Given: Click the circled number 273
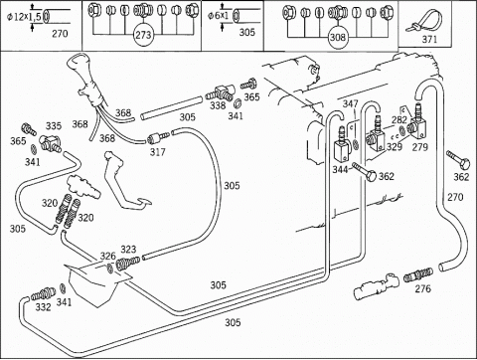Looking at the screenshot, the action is click(143, 35).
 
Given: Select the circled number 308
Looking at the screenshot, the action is click(338, 38).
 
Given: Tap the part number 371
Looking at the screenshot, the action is click(429, 40).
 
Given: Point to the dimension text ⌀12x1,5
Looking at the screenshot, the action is click(25, 17).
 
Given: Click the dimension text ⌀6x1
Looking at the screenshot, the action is click(219, 16).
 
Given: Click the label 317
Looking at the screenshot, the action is click(158, 152).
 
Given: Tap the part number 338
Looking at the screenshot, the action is click(218, 105).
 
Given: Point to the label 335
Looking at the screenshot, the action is click(54, 126).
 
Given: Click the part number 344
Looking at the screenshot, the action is click(340, 170).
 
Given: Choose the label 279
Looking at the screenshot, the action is click(420, 147).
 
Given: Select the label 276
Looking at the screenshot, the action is click(423, 288).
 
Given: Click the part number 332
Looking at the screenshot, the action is click(44, 307).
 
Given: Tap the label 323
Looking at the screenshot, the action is click(128, 250).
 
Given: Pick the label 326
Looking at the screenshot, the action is click(108, 256).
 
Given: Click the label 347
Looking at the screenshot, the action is click(351, 103).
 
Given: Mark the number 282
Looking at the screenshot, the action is click(399, 120).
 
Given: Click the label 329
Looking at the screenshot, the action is click(395, 147).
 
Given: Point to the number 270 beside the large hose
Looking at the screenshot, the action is click(455, 197).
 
